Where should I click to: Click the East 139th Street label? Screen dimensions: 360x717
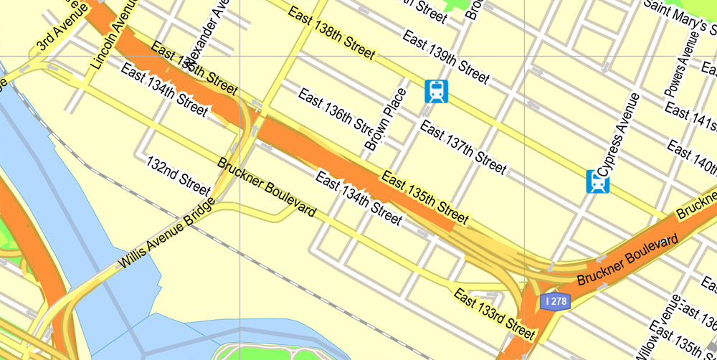(445, 57)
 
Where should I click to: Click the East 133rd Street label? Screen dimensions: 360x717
(494, 314)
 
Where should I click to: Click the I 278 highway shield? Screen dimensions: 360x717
(555, 302)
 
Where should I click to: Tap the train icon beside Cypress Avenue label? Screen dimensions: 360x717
(597, 182)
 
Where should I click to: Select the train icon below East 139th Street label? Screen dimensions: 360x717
(436, 91)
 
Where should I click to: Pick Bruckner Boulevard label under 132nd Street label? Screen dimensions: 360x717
(267, 187)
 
